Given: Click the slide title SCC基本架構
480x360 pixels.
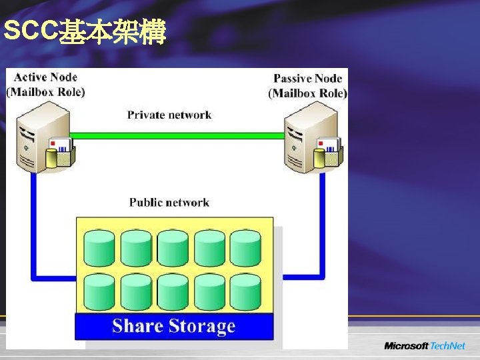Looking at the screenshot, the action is [84, 31].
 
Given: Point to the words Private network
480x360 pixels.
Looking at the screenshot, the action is [169, 115].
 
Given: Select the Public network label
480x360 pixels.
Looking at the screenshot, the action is [169, 202].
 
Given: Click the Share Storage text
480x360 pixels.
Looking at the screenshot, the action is [174, 326].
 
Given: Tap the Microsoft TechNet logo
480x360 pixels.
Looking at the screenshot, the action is [424, 346].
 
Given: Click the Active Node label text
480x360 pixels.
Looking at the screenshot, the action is [45, 77].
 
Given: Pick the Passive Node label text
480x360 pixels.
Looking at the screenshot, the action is [307, 79].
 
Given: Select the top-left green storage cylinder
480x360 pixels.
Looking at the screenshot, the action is [100, 248].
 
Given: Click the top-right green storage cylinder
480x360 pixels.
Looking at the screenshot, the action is [245, 248].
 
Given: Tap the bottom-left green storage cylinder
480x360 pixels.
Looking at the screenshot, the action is [100, 291].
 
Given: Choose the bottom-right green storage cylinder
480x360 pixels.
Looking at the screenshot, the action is [245, 291].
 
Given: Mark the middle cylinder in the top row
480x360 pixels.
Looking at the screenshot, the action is [173, 248].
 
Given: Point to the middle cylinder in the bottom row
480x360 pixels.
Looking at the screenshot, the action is [173, 291].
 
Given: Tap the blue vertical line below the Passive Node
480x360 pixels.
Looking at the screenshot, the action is [323, 220].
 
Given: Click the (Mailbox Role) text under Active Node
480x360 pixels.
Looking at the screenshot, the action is [45, 92].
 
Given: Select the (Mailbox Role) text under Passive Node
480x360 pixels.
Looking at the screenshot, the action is [307, 93].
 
